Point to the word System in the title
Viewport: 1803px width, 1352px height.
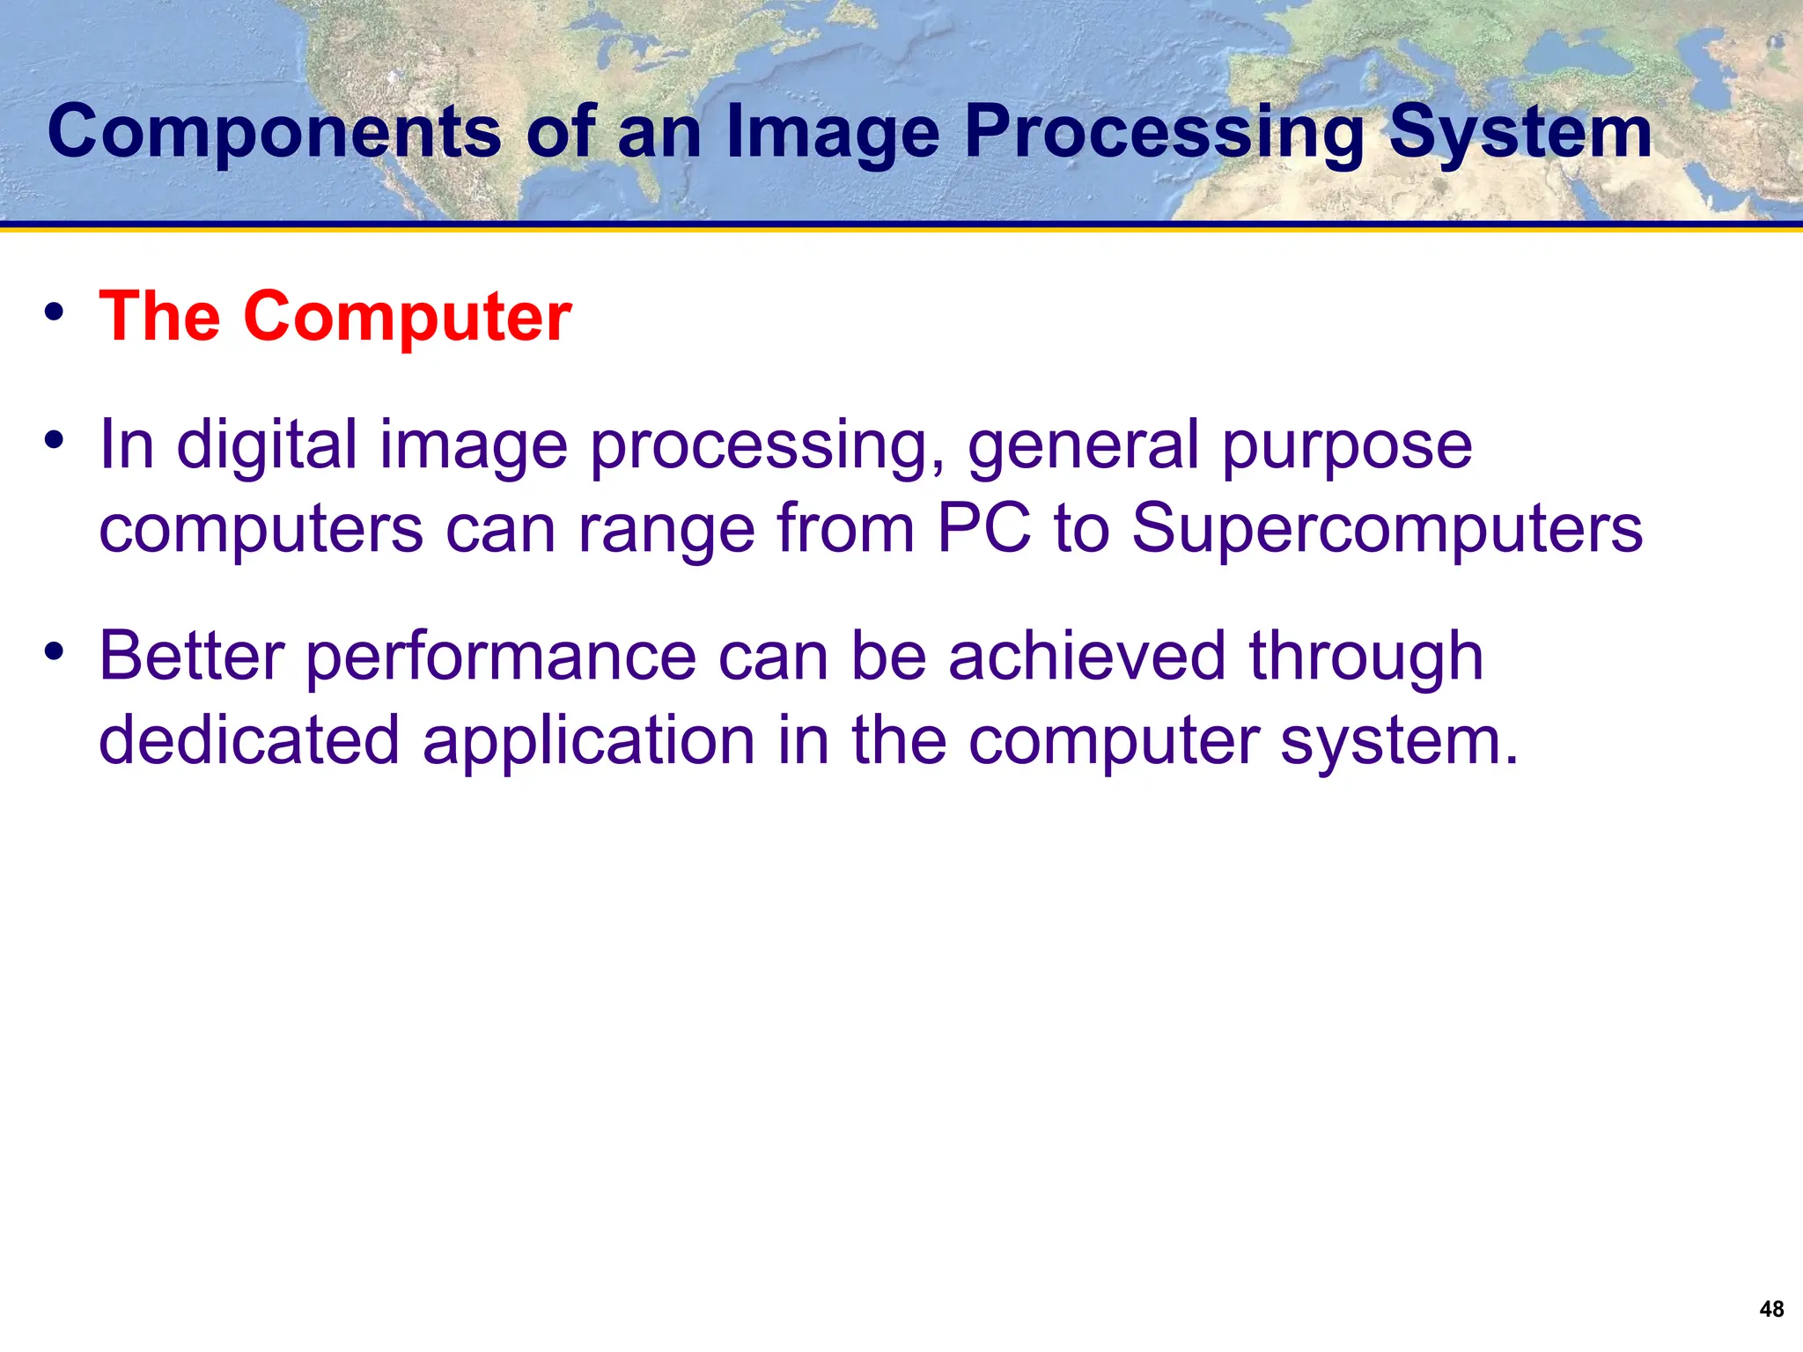point(1520,132)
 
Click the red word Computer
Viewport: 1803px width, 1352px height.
point(407,317)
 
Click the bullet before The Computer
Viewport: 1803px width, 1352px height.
point(55,312)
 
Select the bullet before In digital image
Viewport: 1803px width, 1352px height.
point(55,440)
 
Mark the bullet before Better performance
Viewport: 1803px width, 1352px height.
point(55,652)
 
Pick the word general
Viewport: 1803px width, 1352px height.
point(1083,445)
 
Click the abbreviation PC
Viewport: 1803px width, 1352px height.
point(983,528)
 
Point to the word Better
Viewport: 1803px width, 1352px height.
point(192,656)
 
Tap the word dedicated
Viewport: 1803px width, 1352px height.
point(250,740)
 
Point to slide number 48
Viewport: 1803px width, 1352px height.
point(1771,1310)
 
